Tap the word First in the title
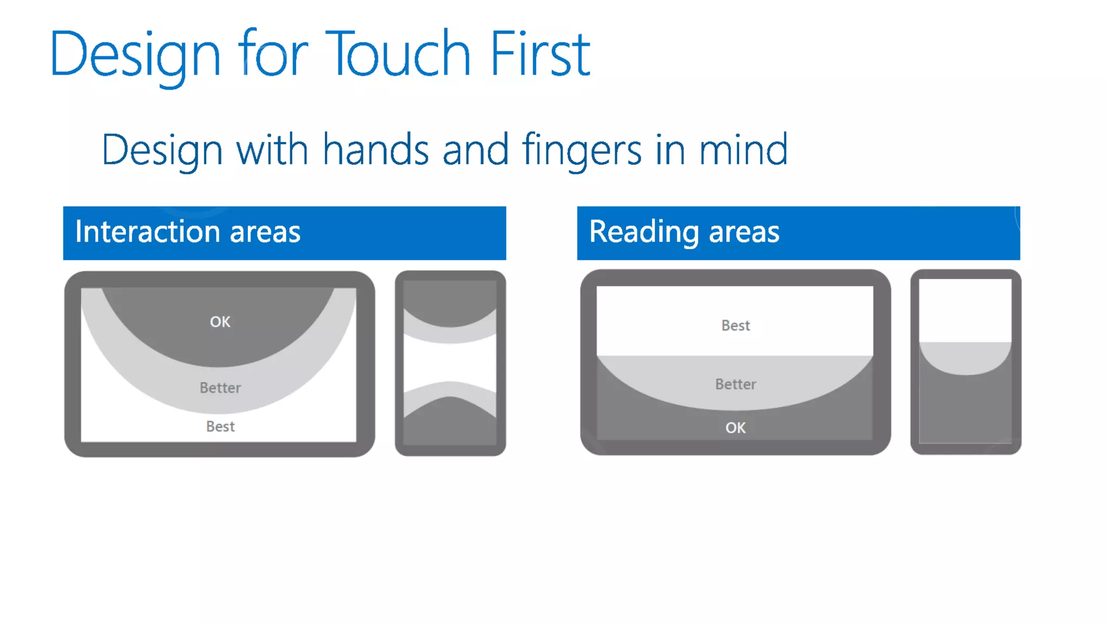click(539, 54)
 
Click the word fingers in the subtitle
click(582, 150)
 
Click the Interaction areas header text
click(187, 232)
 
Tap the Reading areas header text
click(684, 232)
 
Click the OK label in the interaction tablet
click(220, 322)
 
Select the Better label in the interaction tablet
click(220, 388)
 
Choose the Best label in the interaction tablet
click(220, 427)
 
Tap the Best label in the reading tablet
click(735, 326)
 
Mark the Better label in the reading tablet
click(735, 384)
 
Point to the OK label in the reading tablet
click(735, 428)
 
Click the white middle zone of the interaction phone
click(449, 362)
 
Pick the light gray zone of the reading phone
click(965, 357)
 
